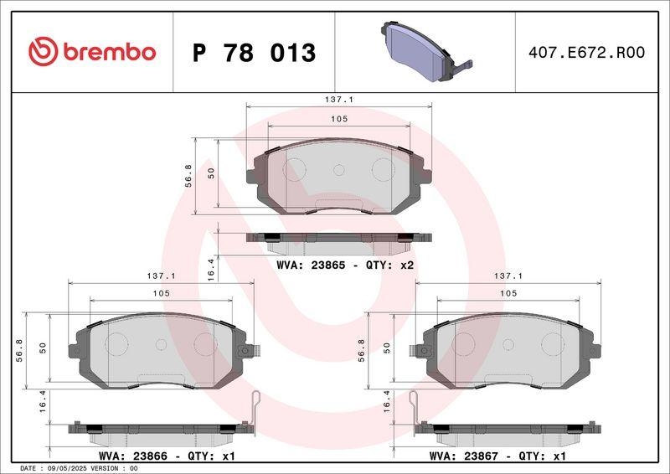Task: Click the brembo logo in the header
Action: coord(92,52)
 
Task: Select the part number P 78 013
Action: coord(254,53)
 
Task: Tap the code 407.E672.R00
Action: coord(586,53)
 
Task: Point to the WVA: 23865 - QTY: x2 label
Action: coord(345,265)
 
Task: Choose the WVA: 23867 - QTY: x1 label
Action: coord(497,456)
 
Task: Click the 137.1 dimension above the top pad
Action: coord(338,99)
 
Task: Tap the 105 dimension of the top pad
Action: coord(338,120)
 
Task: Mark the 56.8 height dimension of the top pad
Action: coord(189,175)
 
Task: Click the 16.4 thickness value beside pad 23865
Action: coord(211,270)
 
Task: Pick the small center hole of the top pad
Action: coord(338,169)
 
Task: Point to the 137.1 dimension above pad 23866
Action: coord(161,275)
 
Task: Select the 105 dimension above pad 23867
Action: coord(508,293)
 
